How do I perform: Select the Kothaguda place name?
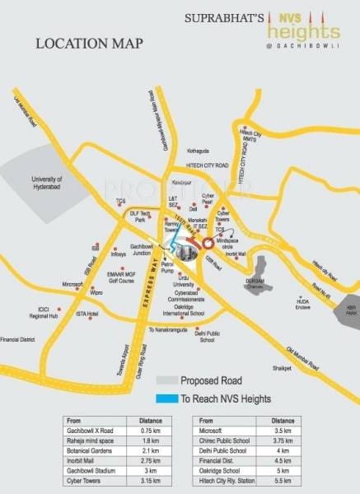coord(200,151)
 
